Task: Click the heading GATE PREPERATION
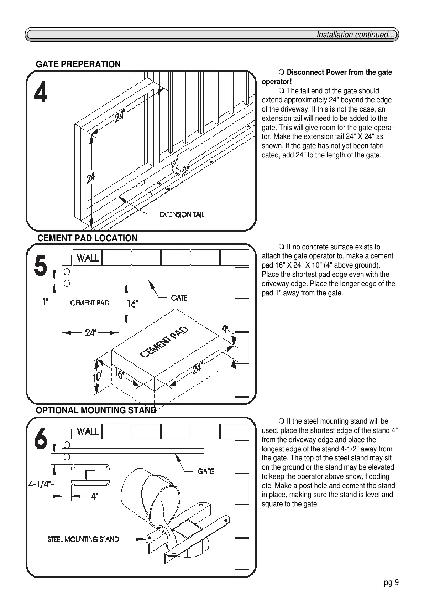click(78, 64)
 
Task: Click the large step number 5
click(40, 266)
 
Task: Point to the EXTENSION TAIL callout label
click(182, 214)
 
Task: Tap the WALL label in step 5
click(88, 258)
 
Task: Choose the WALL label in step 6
click(88, 431)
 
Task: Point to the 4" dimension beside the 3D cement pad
click(225, 329)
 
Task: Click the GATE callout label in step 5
click(179, 298)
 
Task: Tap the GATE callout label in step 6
click(205, 471)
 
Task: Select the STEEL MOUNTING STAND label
click(83, 539)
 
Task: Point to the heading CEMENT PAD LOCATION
click(87, 238)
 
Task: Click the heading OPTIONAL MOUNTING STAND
click(96, 410)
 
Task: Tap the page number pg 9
click(391, 583)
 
